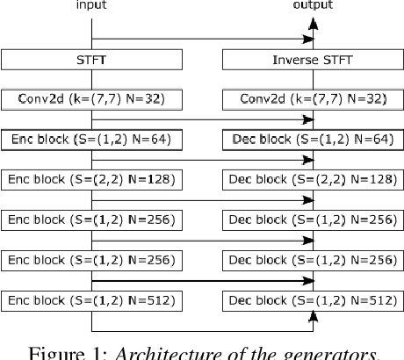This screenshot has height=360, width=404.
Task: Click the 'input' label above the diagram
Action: (x=92, y=5)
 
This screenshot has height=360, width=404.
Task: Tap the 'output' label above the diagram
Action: (x=312, y=5)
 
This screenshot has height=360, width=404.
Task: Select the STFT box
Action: (x=92, y=61)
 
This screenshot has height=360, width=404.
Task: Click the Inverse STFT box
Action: (x=312, y=61)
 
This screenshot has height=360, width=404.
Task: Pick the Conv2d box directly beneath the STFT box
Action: (x=92, y=99)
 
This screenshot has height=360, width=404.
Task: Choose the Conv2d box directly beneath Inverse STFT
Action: (x=312, y=99)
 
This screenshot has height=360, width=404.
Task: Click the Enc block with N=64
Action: (x=92, y=139)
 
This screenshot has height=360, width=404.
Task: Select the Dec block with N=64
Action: (x=312, y=139)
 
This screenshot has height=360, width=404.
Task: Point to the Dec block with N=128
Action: (x=312, y=179)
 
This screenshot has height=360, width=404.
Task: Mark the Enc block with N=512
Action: (x=92, y=299)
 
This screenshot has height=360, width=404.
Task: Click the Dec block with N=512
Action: (x=312, y=299)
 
